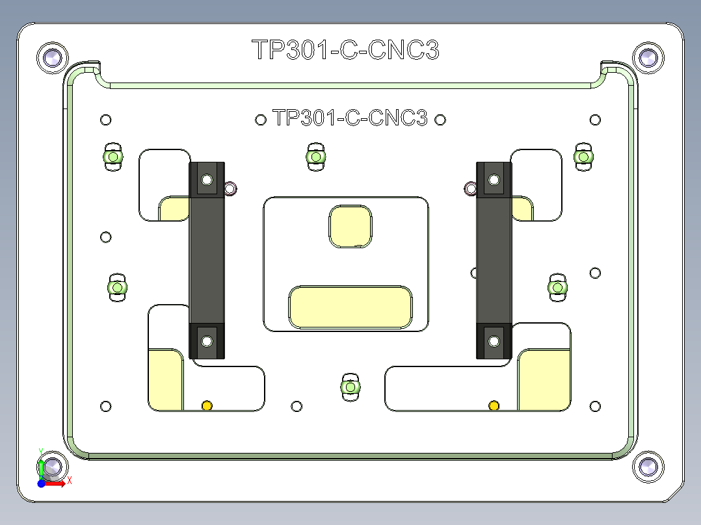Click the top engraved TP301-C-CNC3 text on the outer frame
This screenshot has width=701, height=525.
coord(345,50)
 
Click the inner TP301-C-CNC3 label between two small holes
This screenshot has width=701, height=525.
coord(350,118)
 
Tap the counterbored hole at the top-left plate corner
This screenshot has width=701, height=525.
coord(52,58)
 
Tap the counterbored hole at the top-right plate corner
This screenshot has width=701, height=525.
coord(648,58)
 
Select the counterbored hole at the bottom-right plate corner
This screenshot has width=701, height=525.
coord(648,467)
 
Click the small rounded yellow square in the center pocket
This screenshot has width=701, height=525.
coord(351,226)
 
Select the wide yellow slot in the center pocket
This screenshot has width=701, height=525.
coord(350,307)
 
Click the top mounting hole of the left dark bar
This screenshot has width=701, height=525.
coord(207,179)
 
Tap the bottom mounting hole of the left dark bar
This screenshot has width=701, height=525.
coord(207,340)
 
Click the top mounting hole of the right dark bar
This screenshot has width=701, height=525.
coord(494,179)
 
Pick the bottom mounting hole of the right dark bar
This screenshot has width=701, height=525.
coord(494,340)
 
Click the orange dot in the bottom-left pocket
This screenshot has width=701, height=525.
coord(207,406)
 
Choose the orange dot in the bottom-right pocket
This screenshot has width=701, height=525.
coord(494,406)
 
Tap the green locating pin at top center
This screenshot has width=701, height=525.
coord(315,157)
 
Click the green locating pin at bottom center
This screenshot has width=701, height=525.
coord(350,387)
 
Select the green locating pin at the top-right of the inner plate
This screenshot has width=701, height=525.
coord(583,157)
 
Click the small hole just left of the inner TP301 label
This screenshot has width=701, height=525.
coord(261,120)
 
